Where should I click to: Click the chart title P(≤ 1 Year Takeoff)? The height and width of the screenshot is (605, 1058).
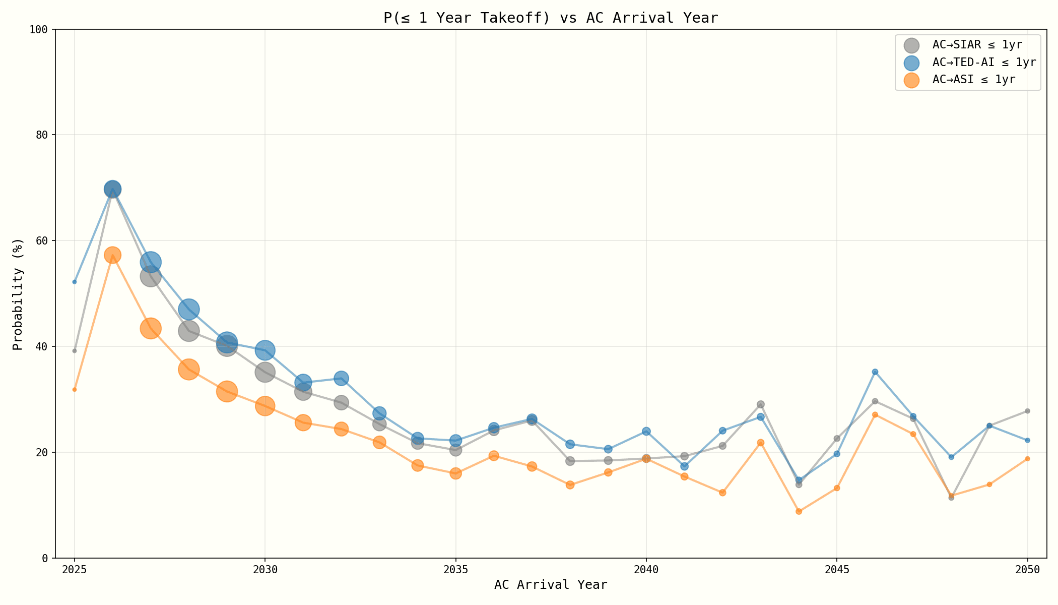pyautogui.click(x=550, y=18)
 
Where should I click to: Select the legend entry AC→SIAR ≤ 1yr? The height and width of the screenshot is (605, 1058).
pyautogui.click(x=977, y=45)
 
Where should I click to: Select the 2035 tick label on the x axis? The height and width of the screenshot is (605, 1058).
pyautogui.click(x=455, y=570)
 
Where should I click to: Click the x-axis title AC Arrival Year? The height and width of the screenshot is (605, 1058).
pyautogui.click(x=550, y=585)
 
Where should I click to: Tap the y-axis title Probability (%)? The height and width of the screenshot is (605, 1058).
pyautogui.click(x=18, y=294)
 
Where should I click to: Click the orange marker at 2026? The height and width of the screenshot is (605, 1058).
pyautogui.click(x=112, y=255)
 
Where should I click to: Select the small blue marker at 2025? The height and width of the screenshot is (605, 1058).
pyautogui.click(x=75, y=282)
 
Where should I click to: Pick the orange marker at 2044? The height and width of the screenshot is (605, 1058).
pyautogui.click(x=799, y=511)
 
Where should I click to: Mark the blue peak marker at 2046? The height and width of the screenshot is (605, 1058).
pyautogui.click(x=875, y=372)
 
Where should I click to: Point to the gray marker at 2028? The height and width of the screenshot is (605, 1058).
pyautogui.click(x=188, y=331)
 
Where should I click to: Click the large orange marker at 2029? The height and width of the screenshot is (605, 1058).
pyautogui.click(x=227, y=391)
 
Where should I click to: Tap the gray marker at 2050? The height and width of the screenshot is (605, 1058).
pyautogui.click(x=1027, y=411)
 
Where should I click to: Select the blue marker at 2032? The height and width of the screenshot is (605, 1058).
pyautogui.click(x=341, y=378)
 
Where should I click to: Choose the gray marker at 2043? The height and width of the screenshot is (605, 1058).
pyautogui.click(x=761, y=404)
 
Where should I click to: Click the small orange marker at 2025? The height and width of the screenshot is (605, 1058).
pyautogui.click(x=75, y=390)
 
